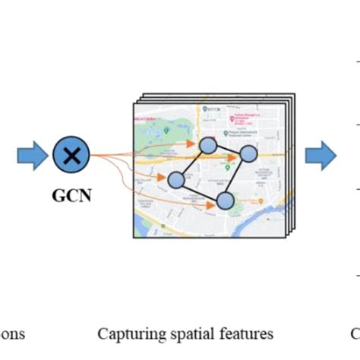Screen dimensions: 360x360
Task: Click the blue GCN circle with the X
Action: pyautogui.click(x=71, y=156)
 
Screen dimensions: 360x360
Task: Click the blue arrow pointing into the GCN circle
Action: pyautogui.click(x=31, y=156)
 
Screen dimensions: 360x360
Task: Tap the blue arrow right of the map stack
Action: pyautogui.click(x=321, y=156)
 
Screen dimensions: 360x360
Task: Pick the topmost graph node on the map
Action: pyautogui.click(x=207, y=145)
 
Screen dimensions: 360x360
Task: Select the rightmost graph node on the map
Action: pyautogui.click(x=248, y=154)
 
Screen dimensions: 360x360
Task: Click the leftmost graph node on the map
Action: pyautogui.click(x=175, y=180)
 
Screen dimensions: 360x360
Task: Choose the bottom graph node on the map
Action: pyautogui.click(x=225, y=201)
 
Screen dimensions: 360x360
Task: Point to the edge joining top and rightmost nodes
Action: pyautogui.click(x=228, y=150)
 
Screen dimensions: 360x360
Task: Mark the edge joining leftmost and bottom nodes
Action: pyautogui.click(x=200, y=190)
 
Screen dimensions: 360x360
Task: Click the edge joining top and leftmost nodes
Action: pyautogui.click(x=191, y=163)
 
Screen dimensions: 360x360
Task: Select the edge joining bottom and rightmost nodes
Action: pyautogui.click(x=237, y=177)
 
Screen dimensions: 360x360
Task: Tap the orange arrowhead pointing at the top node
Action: pyautogui.click(x=194, y=142)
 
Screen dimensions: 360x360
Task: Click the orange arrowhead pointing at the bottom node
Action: pyautogui.click(x=212, y=203)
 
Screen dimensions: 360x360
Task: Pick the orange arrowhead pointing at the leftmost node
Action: pyautogui.click(x=163, y=179)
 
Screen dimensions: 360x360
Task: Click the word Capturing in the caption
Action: pyautogui.click(x=125, y=333)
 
